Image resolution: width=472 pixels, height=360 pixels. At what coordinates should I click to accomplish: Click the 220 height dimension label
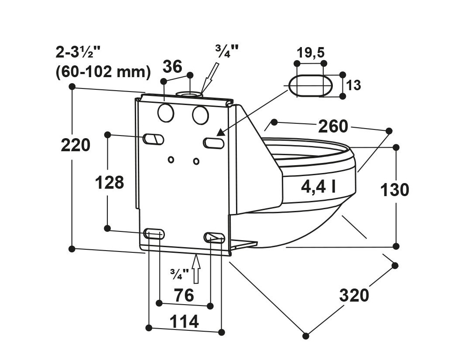75,145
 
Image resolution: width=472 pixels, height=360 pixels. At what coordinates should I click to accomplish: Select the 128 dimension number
109,183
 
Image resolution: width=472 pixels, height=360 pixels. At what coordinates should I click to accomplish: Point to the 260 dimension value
333,126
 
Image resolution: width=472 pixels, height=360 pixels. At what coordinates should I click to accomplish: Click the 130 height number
394,190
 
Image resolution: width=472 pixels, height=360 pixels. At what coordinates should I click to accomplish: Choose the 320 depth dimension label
354,295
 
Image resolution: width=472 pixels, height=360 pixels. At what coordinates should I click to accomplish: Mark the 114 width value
184,322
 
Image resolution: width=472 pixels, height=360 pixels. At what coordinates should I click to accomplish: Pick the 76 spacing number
184,295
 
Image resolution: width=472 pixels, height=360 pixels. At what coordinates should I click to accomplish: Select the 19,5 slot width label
311,53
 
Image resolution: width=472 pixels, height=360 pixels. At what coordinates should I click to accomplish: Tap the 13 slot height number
354,85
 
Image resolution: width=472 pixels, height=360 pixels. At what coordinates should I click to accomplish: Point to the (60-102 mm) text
103,72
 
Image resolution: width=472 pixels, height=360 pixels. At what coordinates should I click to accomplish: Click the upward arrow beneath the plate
196,268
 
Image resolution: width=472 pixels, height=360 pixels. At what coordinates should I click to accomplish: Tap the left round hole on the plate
166,113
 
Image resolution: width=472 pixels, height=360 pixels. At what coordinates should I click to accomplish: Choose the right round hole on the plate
200,115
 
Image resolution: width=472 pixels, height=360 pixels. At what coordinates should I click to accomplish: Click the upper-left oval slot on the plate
154,139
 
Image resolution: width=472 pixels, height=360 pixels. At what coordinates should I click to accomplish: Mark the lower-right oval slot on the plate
214,237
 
